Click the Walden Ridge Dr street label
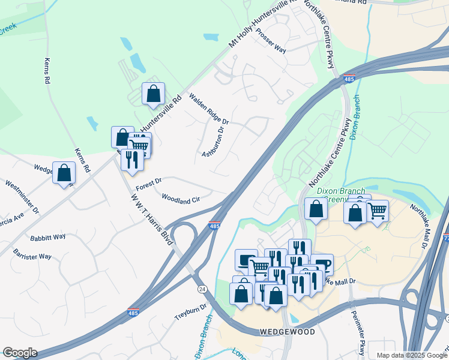[x=209, y=109]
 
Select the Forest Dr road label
[x=149, y=182]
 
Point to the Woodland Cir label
[x=180, y=198]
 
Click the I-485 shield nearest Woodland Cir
[x=215, y=226]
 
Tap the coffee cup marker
[x=322, y=265]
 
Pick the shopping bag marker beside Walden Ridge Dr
[x=153, y=94]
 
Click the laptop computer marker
[x=246, y=260]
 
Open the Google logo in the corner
[x=20, y=353]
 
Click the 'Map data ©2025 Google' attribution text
[x=411, y=355]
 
